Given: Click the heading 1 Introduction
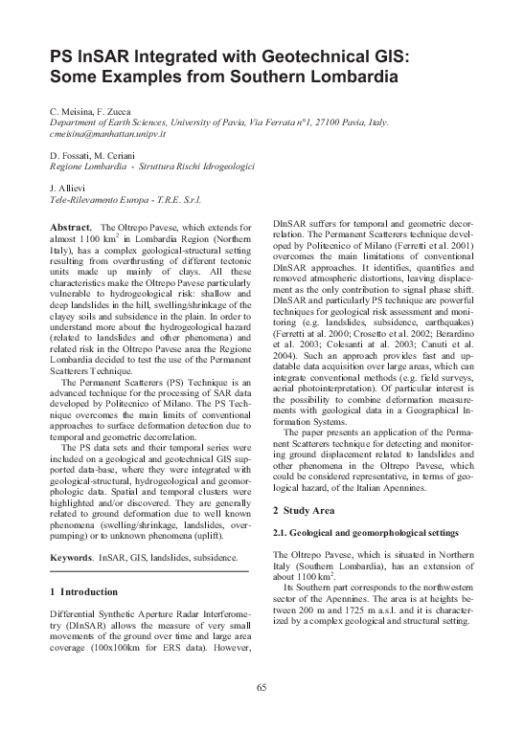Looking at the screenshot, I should [89, 591].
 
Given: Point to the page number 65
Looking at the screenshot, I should [262, 687].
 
